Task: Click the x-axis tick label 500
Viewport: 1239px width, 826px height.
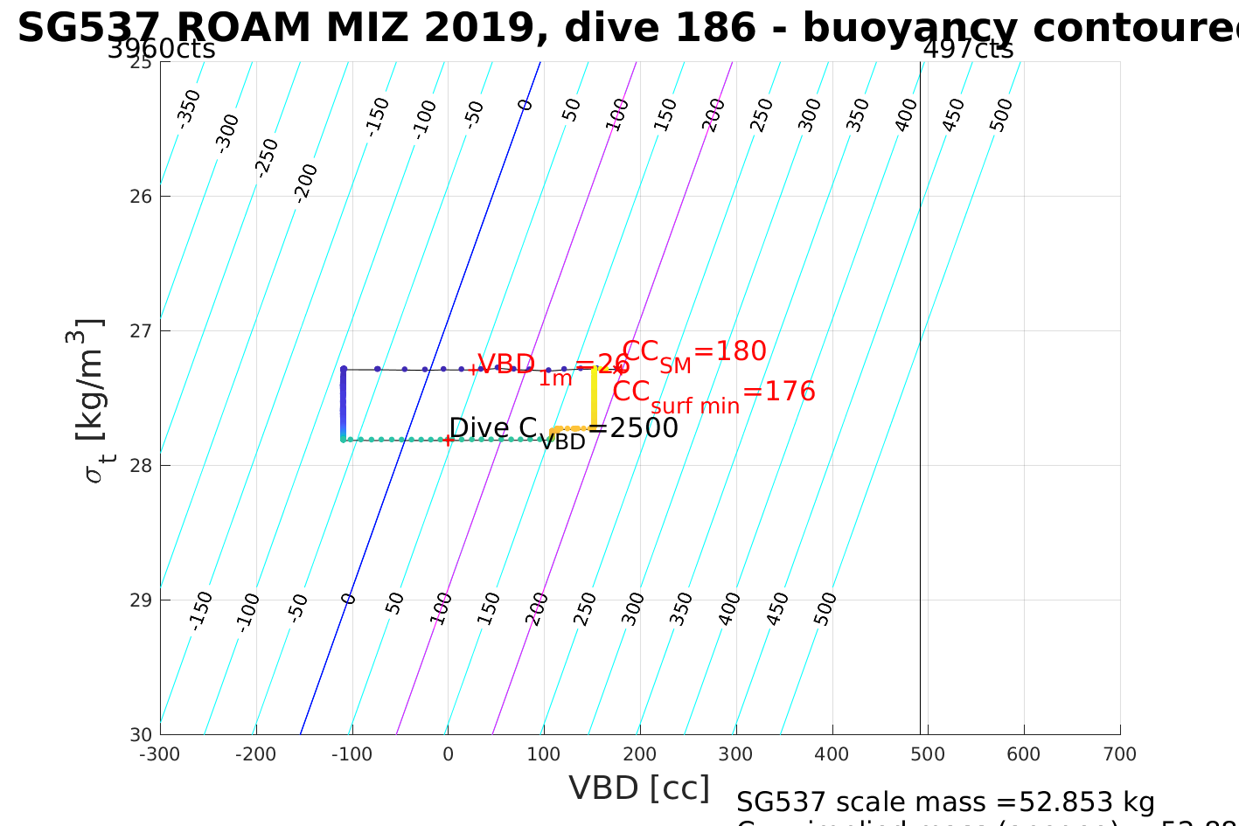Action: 928,754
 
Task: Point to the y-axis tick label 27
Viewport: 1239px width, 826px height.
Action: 142,330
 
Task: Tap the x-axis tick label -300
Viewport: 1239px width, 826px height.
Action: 159,754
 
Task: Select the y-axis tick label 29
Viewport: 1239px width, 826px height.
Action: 142,600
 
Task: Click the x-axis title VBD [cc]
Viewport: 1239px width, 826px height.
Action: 639,788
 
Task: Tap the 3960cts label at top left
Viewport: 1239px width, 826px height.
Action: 162,49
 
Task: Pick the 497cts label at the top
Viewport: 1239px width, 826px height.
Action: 969,49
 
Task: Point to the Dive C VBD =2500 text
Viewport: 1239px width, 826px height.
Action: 563,429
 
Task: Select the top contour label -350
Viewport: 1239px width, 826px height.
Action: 189,108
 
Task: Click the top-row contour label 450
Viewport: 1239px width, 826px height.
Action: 954,115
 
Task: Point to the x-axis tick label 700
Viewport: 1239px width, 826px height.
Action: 1120,754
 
